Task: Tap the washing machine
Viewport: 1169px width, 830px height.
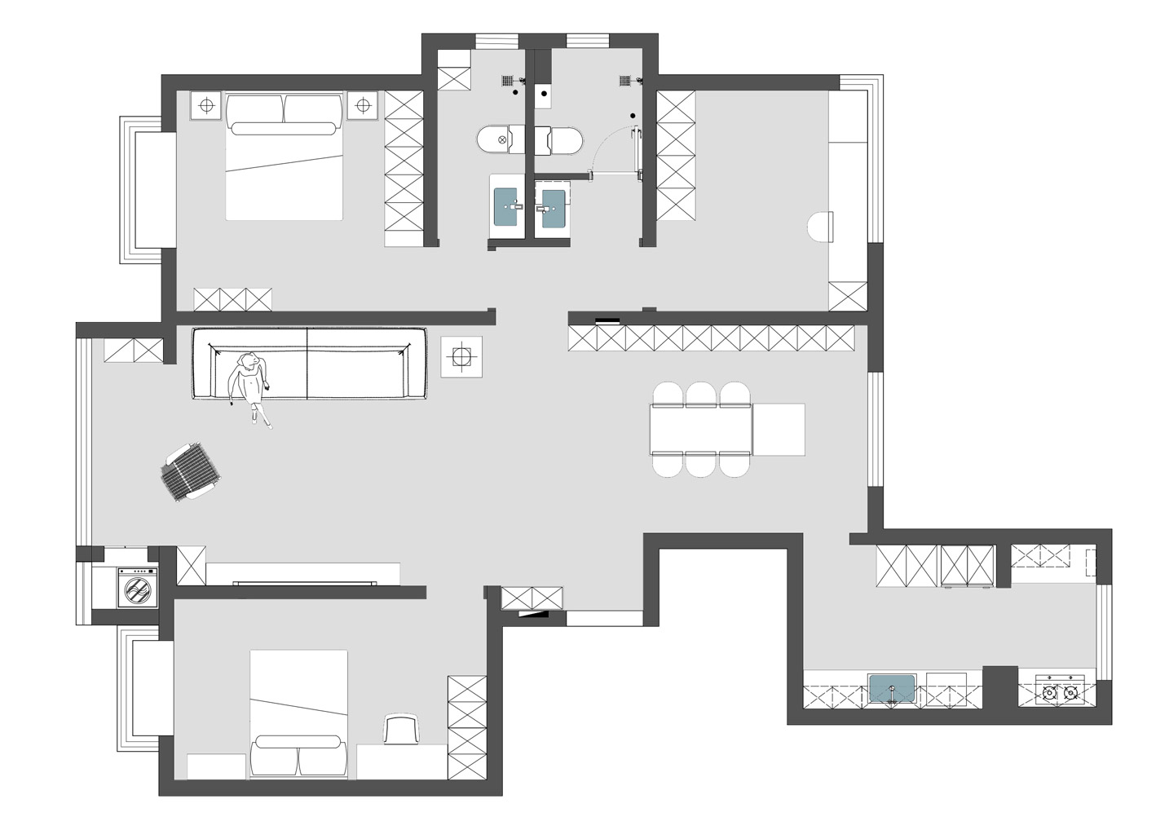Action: point(137,587)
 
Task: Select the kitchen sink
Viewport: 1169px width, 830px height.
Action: point(893,689)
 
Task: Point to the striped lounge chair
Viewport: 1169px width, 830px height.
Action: point(192,473)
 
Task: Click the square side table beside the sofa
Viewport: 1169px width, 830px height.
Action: point(461,357)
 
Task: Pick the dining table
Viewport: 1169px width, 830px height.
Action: point(700,429)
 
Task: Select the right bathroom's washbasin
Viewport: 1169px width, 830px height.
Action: point(554,207)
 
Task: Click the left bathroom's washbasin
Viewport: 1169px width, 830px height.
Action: point(506,205)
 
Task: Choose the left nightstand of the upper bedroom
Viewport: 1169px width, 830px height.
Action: point(207,105)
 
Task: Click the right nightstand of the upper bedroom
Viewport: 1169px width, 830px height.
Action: point(363,105)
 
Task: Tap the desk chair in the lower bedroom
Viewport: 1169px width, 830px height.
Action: point(400,729)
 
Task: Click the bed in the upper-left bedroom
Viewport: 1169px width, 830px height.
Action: point(283,157)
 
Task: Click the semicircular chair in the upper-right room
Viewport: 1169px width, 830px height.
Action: point(820,227)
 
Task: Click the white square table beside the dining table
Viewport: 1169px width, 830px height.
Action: point(779,429)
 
